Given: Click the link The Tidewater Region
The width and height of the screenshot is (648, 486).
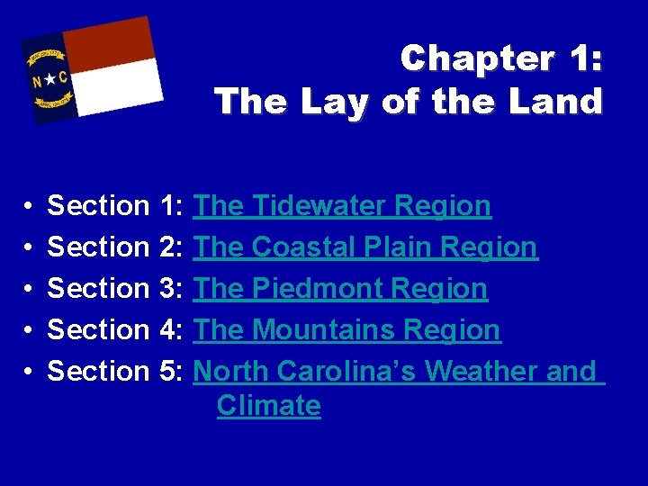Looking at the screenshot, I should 342,206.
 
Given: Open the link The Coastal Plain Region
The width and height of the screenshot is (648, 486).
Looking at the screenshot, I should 365,247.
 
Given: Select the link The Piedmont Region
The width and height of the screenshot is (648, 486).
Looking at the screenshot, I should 340,289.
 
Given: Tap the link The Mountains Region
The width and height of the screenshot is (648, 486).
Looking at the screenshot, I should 346,330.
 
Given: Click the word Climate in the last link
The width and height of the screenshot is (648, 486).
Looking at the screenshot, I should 268,406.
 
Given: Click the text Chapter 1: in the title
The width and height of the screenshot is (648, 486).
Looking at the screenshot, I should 501,59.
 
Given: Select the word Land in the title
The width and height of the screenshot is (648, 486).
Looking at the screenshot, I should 555,102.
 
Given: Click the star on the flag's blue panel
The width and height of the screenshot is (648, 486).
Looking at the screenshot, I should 50,80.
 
